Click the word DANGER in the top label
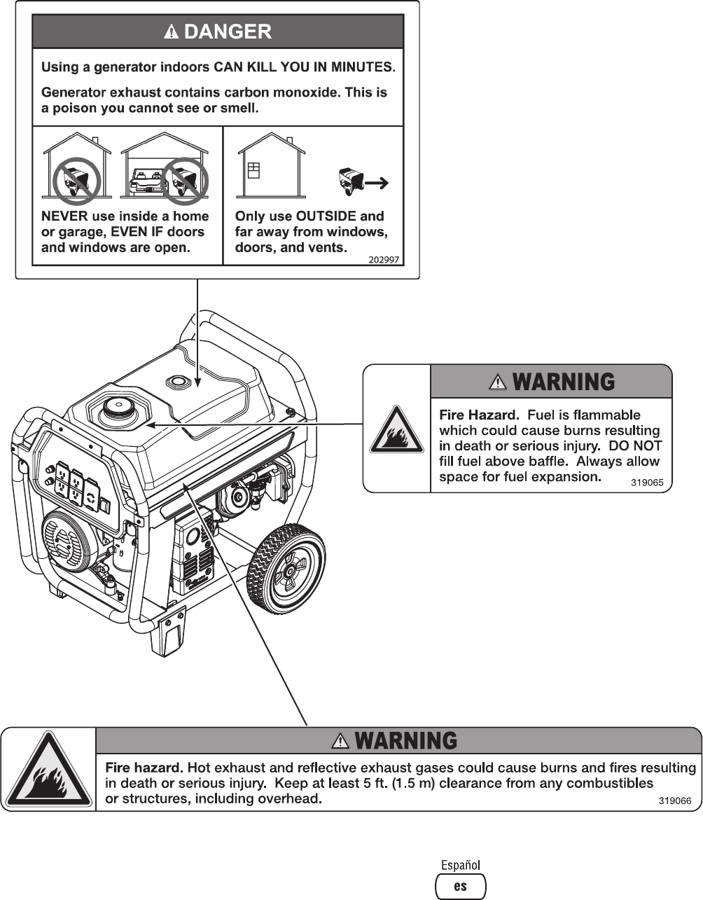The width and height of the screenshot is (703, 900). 228,32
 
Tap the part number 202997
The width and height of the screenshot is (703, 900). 384,259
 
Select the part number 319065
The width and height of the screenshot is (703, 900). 647,483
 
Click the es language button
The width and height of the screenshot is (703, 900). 460,887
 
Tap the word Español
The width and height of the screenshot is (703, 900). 460,866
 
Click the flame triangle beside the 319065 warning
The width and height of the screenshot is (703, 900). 396,429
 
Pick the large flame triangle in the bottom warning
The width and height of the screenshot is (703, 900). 48,772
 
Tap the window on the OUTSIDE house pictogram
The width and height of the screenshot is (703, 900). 253,170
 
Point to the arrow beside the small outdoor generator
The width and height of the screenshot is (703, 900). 377,183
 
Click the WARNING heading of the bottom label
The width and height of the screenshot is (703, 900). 406,740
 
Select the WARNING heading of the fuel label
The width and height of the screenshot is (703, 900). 564,382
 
